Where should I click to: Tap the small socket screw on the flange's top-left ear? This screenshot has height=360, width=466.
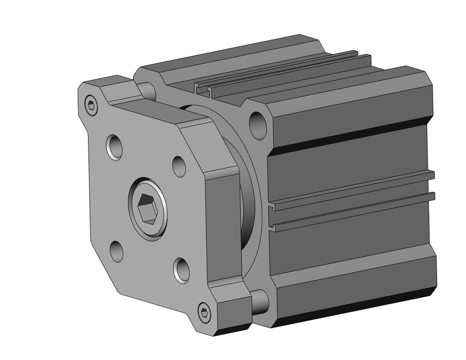coord(92,106)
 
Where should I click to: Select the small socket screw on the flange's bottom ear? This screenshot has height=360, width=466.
coord(205,312)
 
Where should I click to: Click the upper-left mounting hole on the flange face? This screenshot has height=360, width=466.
coord(114,147)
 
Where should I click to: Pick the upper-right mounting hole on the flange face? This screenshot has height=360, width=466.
coord(178,166)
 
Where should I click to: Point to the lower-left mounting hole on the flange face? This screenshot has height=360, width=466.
coord(116,251)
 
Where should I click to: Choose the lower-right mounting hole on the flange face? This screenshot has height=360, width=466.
coord(181,270)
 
